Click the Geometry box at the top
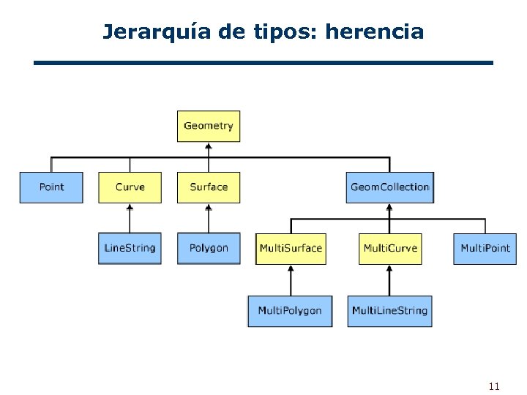(x=209, y=126)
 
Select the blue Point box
(x=51, y=187)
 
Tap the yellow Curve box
(x=130, y=187)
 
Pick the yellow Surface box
(x=209, y=187)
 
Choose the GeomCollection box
(x=389, y=187)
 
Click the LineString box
(x=130, y=248)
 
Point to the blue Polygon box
(x=209, y=248)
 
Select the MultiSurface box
(x=291, y=249)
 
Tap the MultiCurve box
(x=390, y=249)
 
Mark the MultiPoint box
(x=485, y=249)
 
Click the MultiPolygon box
(x=290, y=311)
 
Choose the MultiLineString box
(x=389, y=311)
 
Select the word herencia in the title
(x=374, y=32)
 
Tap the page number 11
(x=493, y=385)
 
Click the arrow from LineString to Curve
(x=130, y=218)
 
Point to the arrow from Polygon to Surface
(x=209, y=218)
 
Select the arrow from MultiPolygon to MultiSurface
(x=291, y=280)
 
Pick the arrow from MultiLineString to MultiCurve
(x=389, y=280)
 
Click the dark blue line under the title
(x=263, y=64)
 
